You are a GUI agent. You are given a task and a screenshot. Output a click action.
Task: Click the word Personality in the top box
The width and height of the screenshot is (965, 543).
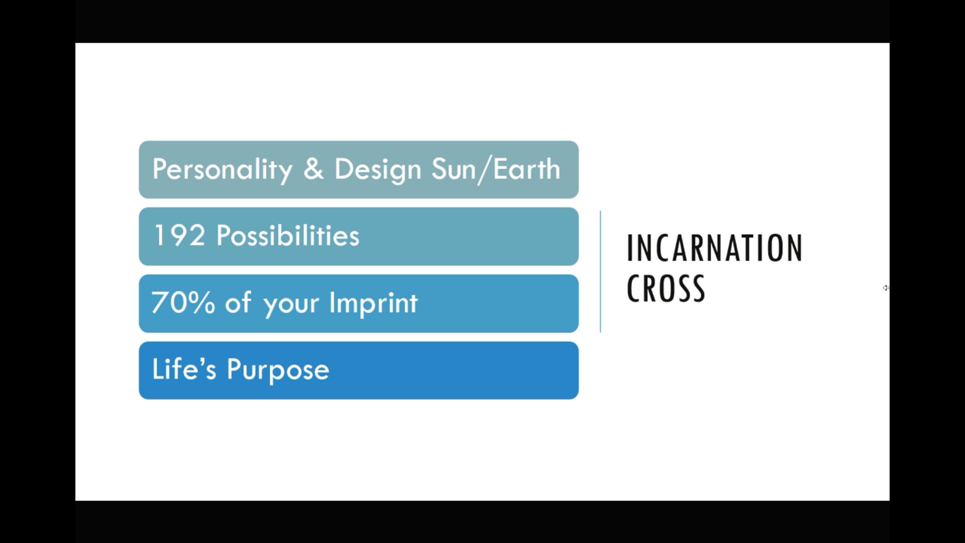coord(222,170)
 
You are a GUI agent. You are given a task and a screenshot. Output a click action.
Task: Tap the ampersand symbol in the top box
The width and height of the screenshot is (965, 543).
coord(314,168)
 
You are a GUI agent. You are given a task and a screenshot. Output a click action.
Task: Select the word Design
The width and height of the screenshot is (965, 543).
coord(377,170)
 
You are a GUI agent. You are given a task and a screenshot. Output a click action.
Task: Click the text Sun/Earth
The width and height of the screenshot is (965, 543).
coord(496,170)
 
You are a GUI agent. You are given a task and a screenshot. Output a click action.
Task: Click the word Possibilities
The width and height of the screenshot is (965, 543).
coord(288,235)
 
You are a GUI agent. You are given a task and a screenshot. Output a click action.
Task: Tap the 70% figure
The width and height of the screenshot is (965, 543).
coord(183,303)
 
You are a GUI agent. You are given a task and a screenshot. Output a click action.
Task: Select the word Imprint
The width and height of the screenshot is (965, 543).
coord(373,303)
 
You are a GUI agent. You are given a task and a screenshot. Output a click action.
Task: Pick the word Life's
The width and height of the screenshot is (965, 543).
coord(184,369)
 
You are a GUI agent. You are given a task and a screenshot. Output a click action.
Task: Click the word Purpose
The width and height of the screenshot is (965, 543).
coord(278,371)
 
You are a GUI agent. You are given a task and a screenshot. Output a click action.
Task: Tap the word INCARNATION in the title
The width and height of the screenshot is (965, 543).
coord(714,248)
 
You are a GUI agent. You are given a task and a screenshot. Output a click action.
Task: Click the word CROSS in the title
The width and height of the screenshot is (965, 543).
coord(666,288)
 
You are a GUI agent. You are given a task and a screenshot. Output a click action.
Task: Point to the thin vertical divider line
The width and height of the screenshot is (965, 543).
coord(600,271)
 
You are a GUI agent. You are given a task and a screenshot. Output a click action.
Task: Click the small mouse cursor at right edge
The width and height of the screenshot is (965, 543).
coord(886,288)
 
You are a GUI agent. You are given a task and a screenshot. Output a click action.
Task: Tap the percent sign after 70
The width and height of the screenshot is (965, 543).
coord(203,303)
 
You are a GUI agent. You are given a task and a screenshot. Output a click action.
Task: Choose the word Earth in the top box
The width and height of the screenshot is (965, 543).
coord(526,169)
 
